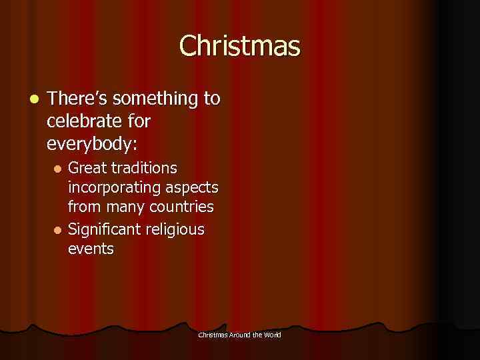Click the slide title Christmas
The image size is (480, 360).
tap(239, 46)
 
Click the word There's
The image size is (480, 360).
tap(78, 99)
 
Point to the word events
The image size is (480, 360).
tap(91, 249)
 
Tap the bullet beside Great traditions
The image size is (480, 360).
tap(57, 167)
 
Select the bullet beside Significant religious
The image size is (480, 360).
tap(57, 229)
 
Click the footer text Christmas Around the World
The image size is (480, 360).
tap(239, 334)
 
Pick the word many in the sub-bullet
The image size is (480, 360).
tap(125, 207)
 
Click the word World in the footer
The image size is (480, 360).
tap(273, 334)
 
